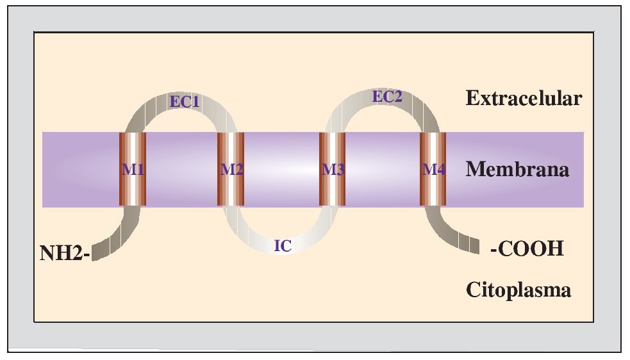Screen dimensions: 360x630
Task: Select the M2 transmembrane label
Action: [x=231, y=170]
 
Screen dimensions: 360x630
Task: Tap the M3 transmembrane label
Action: [x=333, y=170]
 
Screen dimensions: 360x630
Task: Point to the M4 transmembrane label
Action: [x=433, y=170]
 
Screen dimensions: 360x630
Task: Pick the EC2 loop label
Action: [x=387, y=97]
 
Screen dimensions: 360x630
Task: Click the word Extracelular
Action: [x=524, y=99]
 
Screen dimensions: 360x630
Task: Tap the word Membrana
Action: [x=517, y=170]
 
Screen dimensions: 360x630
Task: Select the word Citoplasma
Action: [x=518, y=290]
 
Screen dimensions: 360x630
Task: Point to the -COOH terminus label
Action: [x=526, y=249]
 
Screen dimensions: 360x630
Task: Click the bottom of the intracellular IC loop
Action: [x=282, y=249]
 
